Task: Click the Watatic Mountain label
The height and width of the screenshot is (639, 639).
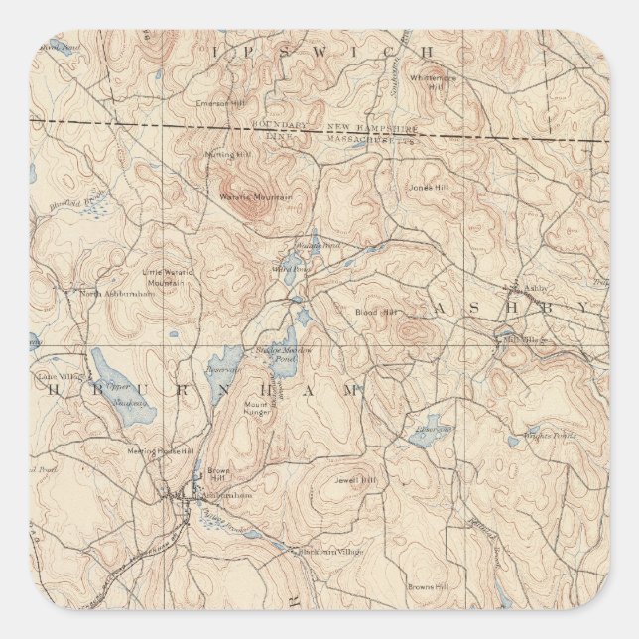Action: pyautogui.click(x=255, y=197)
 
